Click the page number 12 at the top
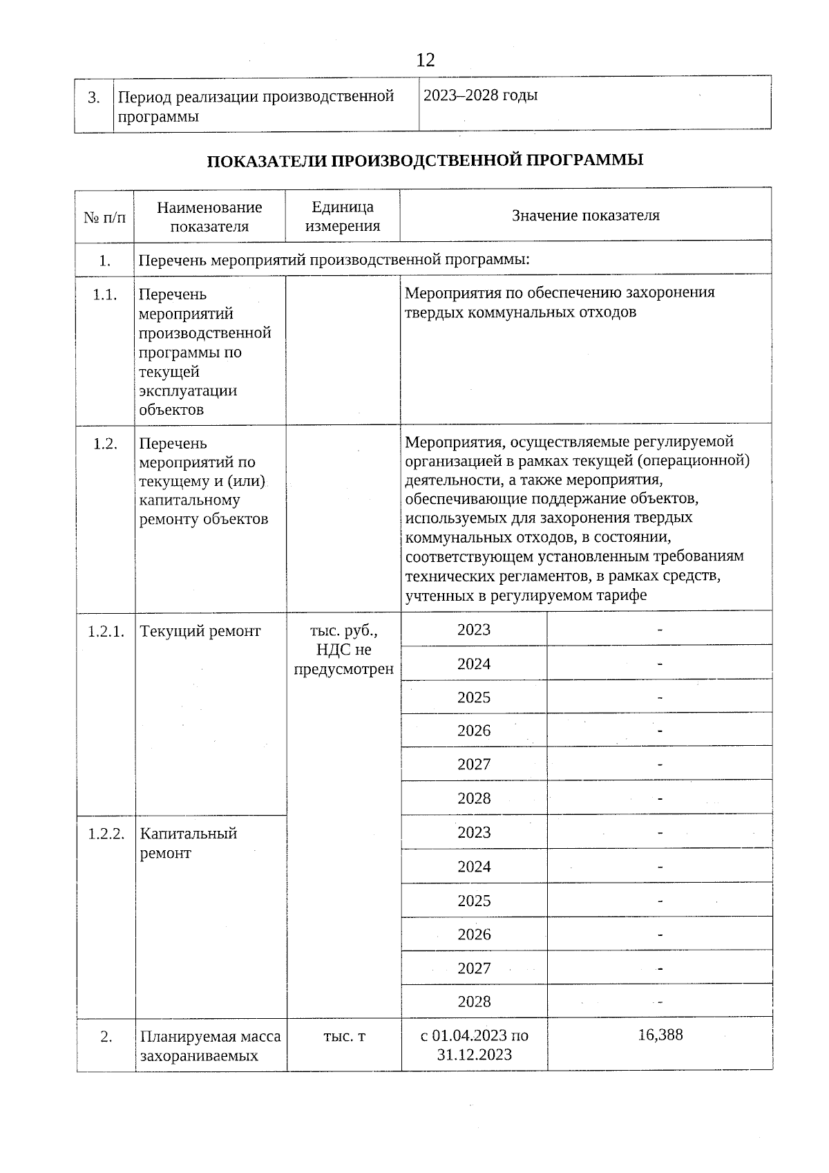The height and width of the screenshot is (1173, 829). pyautogui.click(x=426, y=60)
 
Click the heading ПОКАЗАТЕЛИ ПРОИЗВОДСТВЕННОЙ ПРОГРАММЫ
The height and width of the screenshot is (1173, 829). pyautogui.click(x=425, y=160)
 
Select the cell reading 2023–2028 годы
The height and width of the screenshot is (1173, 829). pyautogui.click(x=480, y=95)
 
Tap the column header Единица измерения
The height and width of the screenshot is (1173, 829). pyautogui.click(x=343, y=216)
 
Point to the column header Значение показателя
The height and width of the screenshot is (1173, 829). pyautogui.click(x=585, y=216)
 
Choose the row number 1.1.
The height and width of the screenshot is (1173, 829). pyautogui.click(x=105, y=295)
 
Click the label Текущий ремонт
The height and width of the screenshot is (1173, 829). pyautogui.click(x=200, y=631)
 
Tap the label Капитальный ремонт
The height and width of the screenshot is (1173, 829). pyautogui.click(x=188, y=843)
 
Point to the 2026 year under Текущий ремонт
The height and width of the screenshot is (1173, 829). pyautogui.click(x=474, y=731)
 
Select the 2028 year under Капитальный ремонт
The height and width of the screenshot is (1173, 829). pyautogui.click(x=474, y=1002)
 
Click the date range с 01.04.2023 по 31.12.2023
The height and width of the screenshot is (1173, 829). pyautogui.click(x=474, y=1045)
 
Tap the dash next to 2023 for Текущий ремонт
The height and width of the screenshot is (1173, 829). pyautogui.click(x=660, y=630)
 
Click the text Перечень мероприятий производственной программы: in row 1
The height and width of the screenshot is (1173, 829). pyautogui.click(x=334, y=261)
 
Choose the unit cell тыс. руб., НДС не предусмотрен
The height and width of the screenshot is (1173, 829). pyautogui.click(x=343, y=650)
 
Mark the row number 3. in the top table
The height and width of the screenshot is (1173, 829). pyautogui.click(x=94, y=97)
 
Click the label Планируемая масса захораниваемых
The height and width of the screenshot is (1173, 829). pyautogui.click(x=210, y=1046)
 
